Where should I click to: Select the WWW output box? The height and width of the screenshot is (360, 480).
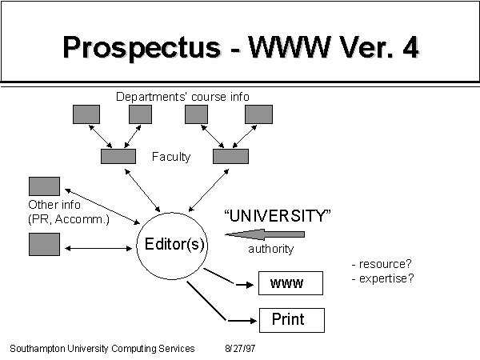pos(291,283)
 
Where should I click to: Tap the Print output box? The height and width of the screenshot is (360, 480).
pos(292,320)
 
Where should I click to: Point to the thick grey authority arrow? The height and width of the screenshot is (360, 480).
pos(265,234)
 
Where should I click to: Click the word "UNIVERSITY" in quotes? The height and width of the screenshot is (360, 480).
pos(278,216)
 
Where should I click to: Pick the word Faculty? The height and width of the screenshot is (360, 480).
pos(171,157)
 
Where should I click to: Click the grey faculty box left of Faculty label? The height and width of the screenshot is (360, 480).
pos(118,157)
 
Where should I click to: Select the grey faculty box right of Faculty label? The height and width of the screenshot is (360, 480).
pos(231,157)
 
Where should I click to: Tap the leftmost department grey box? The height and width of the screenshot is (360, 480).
pos(86,114)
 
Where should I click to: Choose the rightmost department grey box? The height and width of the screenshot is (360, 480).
pos(258,114)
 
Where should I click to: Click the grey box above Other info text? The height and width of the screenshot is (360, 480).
pos(44,186)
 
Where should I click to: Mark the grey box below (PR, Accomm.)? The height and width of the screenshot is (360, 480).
pos(44,244)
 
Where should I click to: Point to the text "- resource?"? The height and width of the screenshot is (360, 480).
pos(382,264)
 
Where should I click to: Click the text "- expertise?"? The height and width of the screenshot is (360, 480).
pos(382,278)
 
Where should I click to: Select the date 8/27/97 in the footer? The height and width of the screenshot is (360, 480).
pos(240,348)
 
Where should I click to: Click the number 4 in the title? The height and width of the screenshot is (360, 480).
pos(410,47)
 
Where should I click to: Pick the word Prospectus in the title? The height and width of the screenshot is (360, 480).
pos(142,48)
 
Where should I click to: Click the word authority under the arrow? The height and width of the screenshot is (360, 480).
pos(271,249)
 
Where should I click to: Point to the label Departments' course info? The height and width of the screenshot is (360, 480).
pos(182,97)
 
